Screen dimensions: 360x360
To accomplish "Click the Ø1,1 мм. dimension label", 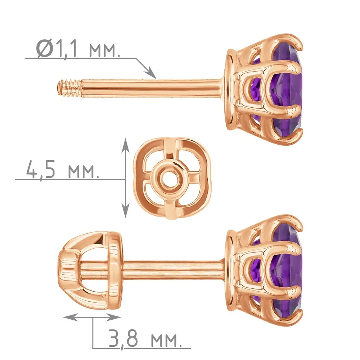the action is tap(78, 49).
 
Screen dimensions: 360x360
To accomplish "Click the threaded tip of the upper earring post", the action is tap(69, 88).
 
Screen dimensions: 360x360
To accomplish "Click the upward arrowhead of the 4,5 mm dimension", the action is tap(125, 145).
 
